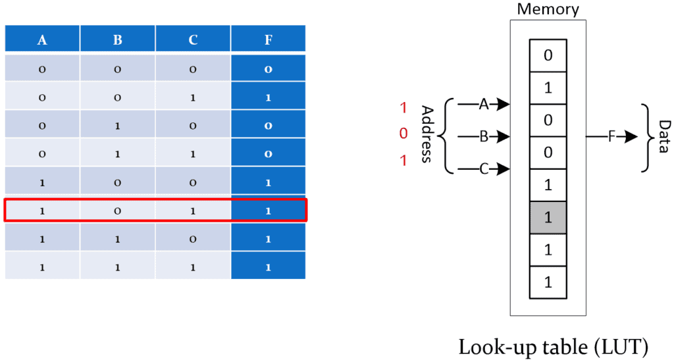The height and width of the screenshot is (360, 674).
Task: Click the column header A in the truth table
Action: (42, 39)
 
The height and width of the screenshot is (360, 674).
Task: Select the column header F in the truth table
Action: (268, 39)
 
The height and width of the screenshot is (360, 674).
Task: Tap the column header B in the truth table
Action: (117, 39)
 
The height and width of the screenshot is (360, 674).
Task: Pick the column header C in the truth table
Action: (193, 39)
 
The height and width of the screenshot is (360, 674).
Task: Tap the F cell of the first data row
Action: (268, 68)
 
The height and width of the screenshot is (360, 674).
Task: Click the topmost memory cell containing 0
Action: (548, 55)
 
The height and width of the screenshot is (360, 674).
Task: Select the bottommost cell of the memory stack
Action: (548, 282)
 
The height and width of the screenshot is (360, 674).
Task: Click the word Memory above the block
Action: (548, 9)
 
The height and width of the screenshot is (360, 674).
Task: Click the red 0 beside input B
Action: (403, 134)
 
